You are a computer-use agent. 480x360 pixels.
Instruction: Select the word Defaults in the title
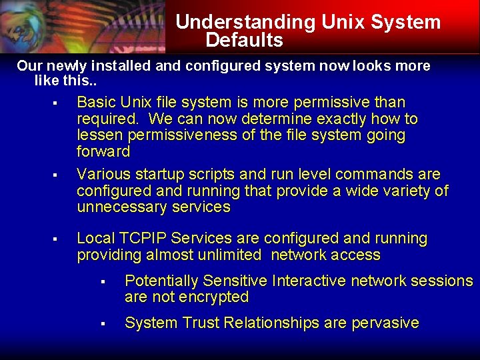pos(244,41)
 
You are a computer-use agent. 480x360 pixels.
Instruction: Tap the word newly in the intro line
pos(67,67)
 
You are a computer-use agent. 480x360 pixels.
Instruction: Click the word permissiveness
pos(177,135)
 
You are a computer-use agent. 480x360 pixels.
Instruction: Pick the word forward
pos(103,152)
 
